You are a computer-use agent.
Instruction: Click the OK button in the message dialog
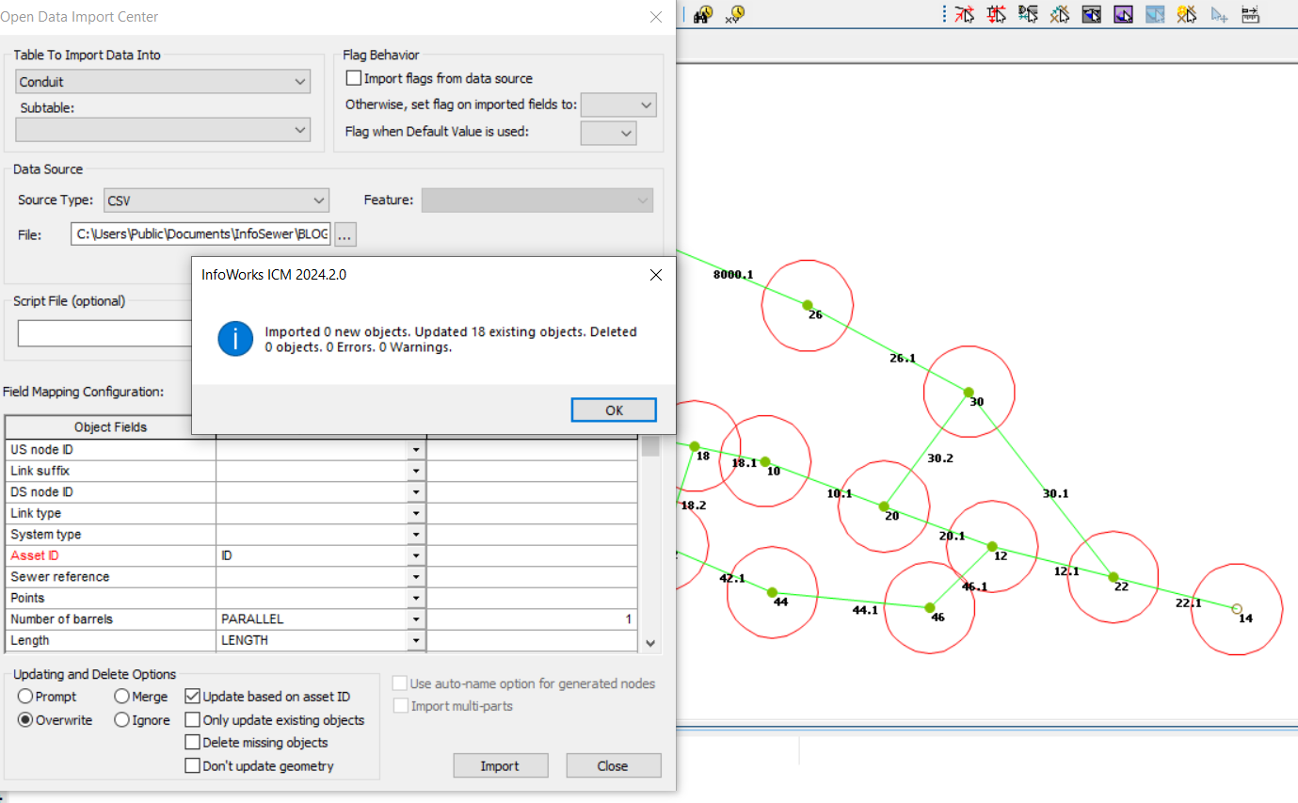pyautogui.click(x=614, y=410)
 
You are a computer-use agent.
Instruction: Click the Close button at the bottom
pyautogui.click(x=613, y=765)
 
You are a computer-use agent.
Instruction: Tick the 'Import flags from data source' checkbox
pyautogui.click(x=354, y=78)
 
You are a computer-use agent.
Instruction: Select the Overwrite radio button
pyautogui.click(x=25, y=720)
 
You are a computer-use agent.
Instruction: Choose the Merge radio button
pyautogui.click(x=122, y=697)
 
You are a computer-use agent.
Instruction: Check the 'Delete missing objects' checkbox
pyautogui.click(x=193, y=743)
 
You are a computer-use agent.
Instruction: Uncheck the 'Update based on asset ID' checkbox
pyautogui.click(x=193, y=697)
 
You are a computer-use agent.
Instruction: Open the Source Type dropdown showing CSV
pyautogui.click(x=216, y=201)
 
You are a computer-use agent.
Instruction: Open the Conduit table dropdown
pyautogui.click(x=163, y=82)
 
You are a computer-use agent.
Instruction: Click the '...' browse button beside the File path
pyautogui.click(x=345, y=235)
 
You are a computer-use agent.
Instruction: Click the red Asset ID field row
pyautogui.click(x=110, y=555)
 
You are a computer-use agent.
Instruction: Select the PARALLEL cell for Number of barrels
pyautogui.click(x=312, y=619)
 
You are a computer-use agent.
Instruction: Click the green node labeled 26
pyautogui.click(x=807, y=305)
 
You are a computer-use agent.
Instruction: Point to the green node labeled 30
pyautogui.click(x=968, y=393)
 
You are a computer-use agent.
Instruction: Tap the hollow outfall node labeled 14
pyautogui.click(x=1237, y=609)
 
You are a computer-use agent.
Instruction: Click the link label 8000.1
pyautogui.click(x=733, y=275)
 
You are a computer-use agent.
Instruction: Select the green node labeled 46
pyautogui.click(x=929, y=607)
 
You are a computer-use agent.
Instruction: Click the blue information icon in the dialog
pyautogui.click(x=235, y=338)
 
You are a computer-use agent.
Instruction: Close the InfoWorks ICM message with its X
pyautogui.click(x=655, y=275)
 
